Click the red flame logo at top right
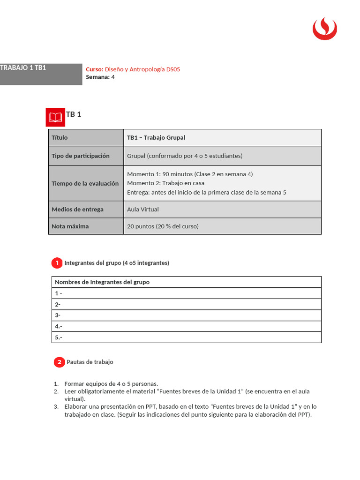point(324,29)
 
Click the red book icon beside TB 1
point(55,117)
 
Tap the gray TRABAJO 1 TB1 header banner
point(41,74)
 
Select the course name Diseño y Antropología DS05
point(142,69)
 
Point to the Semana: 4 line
point(100,77)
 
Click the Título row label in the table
point(60,138)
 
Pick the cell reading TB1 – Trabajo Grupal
point(156,138)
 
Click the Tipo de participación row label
point(81,156)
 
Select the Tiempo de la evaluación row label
point(85,184)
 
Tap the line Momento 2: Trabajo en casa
point(165,183)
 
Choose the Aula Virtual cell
point(143,210)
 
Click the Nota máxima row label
point(70,226)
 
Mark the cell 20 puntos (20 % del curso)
point(163,226)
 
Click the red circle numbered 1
point(57,263)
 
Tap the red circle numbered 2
point(59,362)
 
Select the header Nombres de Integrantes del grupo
point(102,282)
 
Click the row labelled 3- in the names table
point(186,315)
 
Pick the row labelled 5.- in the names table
point(186,337)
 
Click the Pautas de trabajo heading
point(90,362)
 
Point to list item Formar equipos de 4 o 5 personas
point(111,383)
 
